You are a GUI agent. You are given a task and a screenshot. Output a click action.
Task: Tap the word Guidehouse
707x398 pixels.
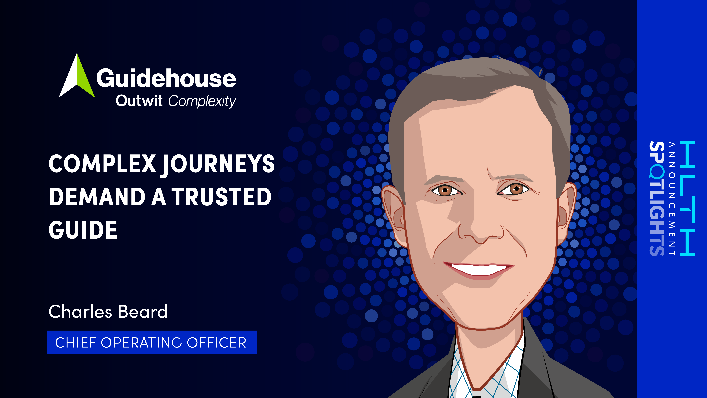point(166,78)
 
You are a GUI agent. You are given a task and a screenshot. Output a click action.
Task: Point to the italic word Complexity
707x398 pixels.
point(202,101)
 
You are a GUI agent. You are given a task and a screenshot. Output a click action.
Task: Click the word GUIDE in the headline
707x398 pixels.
point(83,230)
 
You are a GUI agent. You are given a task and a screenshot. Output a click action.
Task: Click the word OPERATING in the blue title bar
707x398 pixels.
point(141,343)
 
